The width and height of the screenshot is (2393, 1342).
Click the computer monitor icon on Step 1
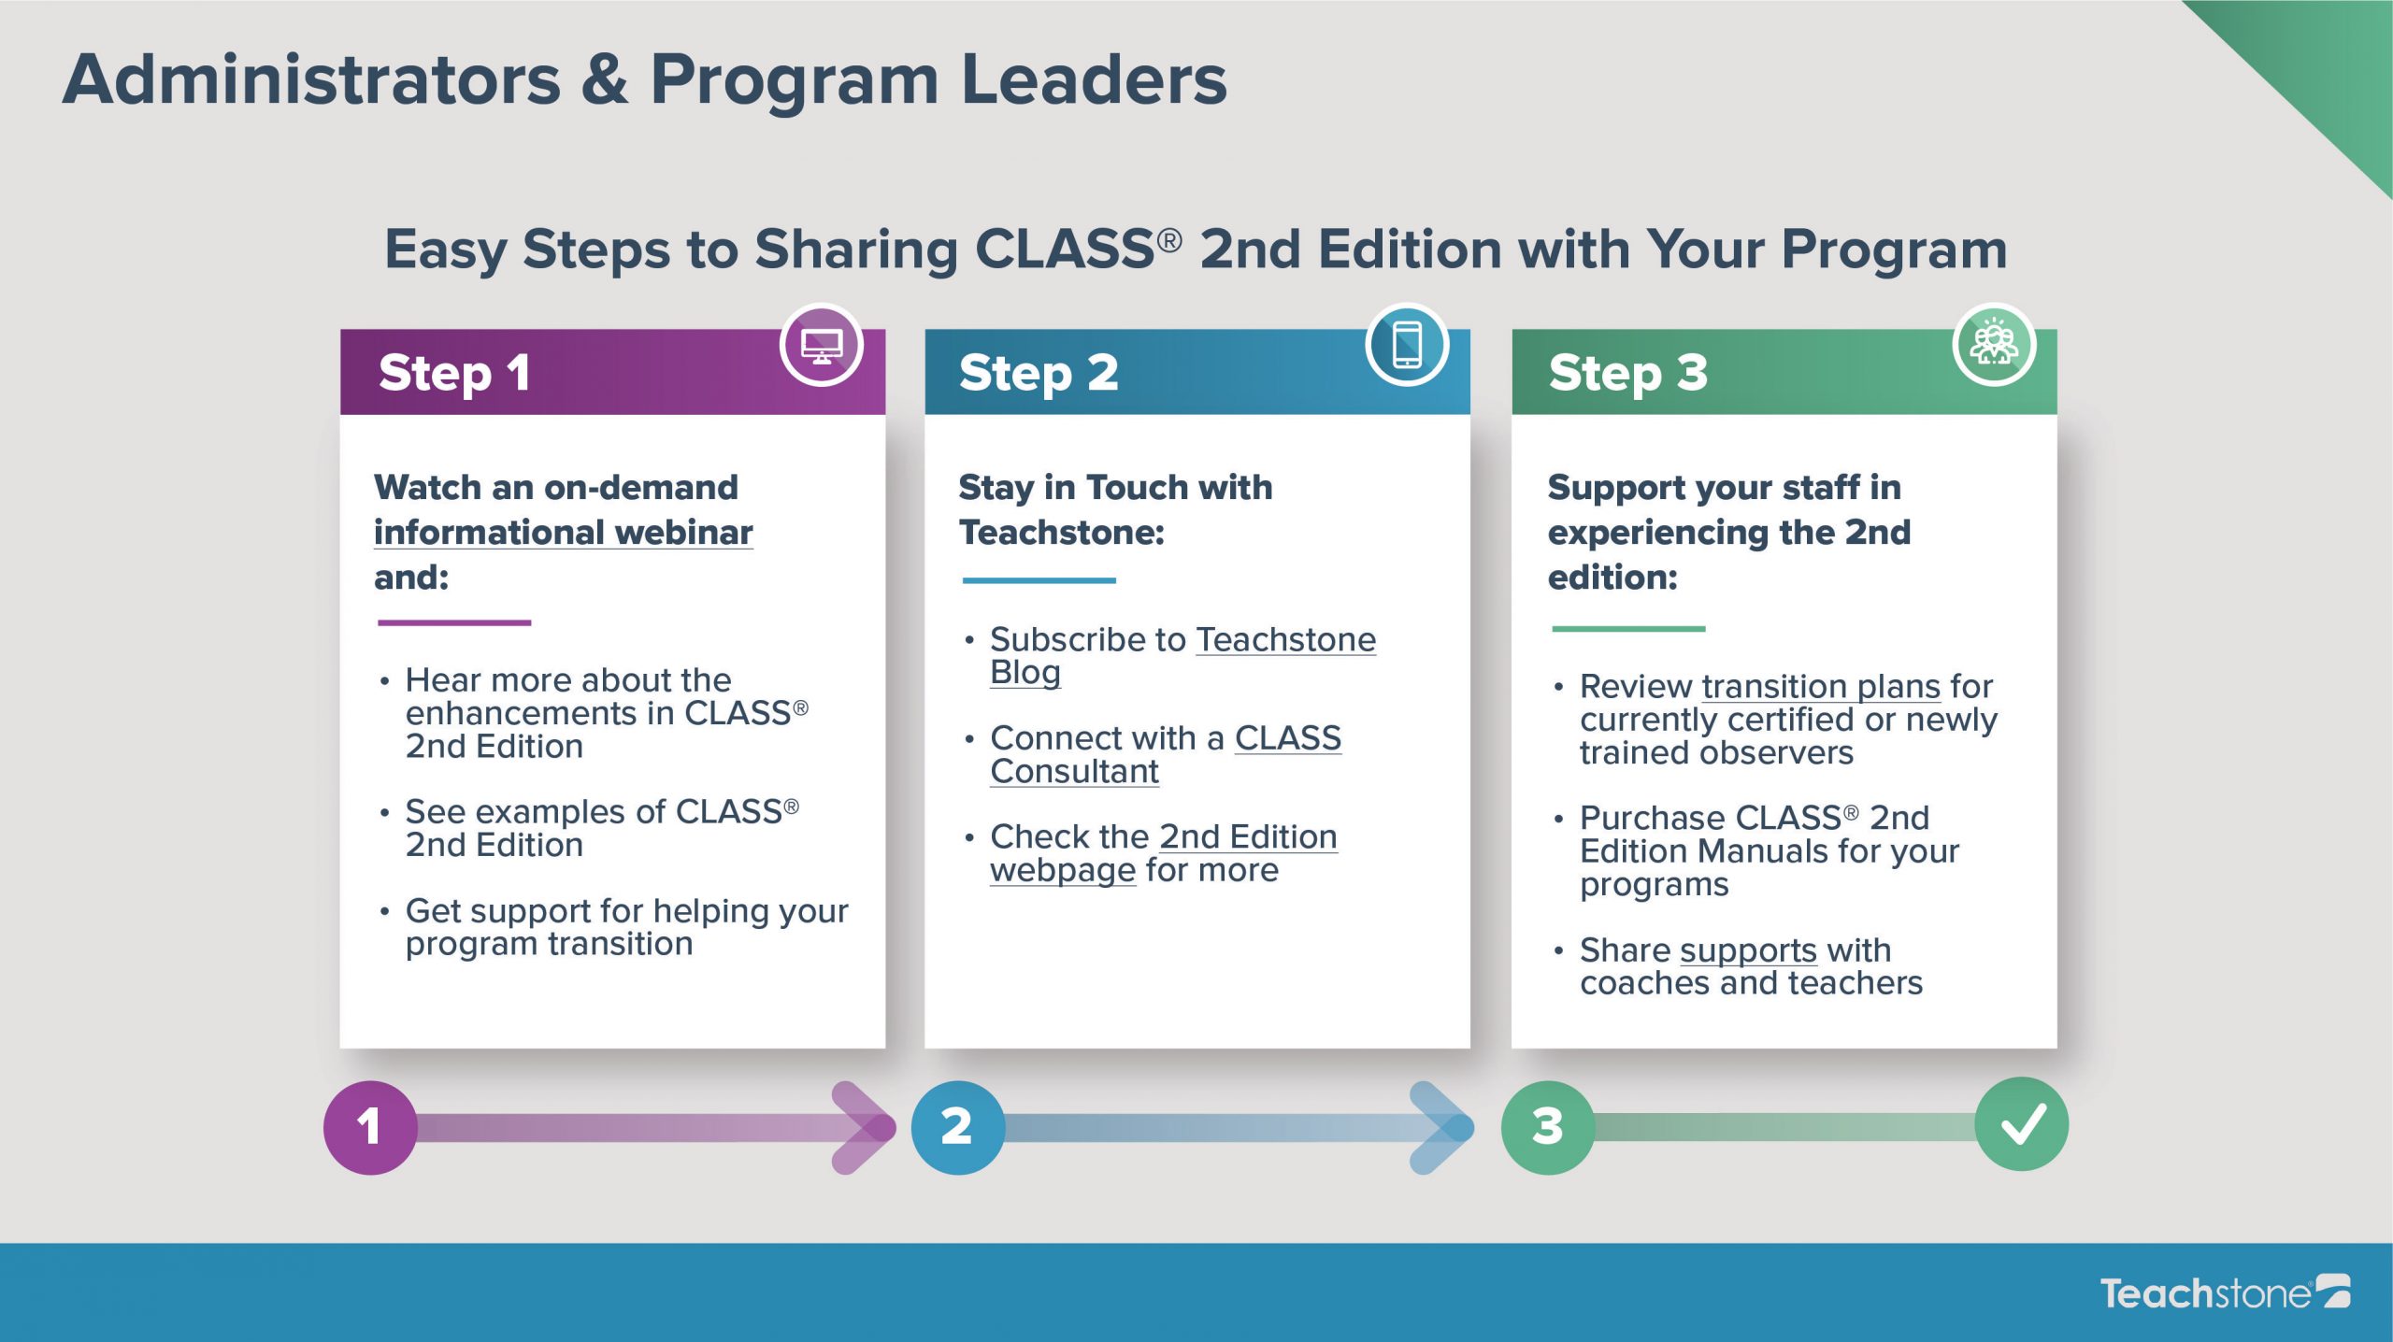(822, 346)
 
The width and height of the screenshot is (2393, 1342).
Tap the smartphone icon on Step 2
(1407, 345)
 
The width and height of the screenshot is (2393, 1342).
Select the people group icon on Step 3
(1994, 345)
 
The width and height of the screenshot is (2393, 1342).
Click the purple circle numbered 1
(370, 1127)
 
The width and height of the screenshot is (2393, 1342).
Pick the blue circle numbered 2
(957, 1127)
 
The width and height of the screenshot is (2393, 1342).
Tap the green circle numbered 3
(1548, 1127)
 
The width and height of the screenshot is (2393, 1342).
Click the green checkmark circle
(2022, 1124)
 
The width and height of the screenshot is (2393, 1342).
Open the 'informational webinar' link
(563, 534)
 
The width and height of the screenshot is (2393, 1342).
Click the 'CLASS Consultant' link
(1166, 755)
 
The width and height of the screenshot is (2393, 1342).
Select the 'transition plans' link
(1821, 688)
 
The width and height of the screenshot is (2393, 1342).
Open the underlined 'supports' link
(1748, 951)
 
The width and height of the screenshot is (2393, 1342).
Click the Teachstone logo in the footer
(2225, 1292)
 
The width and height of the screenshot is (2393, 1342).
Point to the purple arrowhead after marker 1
(865, 1128)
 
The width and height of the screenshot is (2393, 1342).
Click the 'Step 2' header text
(1039, 374)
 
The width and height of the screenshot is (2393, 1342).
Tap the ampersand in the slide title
(605, 79)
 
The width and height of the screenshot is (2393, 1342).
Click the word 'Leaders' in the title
(1094, 79)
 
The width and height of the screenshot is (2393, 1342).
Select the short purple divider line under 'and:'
(454, 622)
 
